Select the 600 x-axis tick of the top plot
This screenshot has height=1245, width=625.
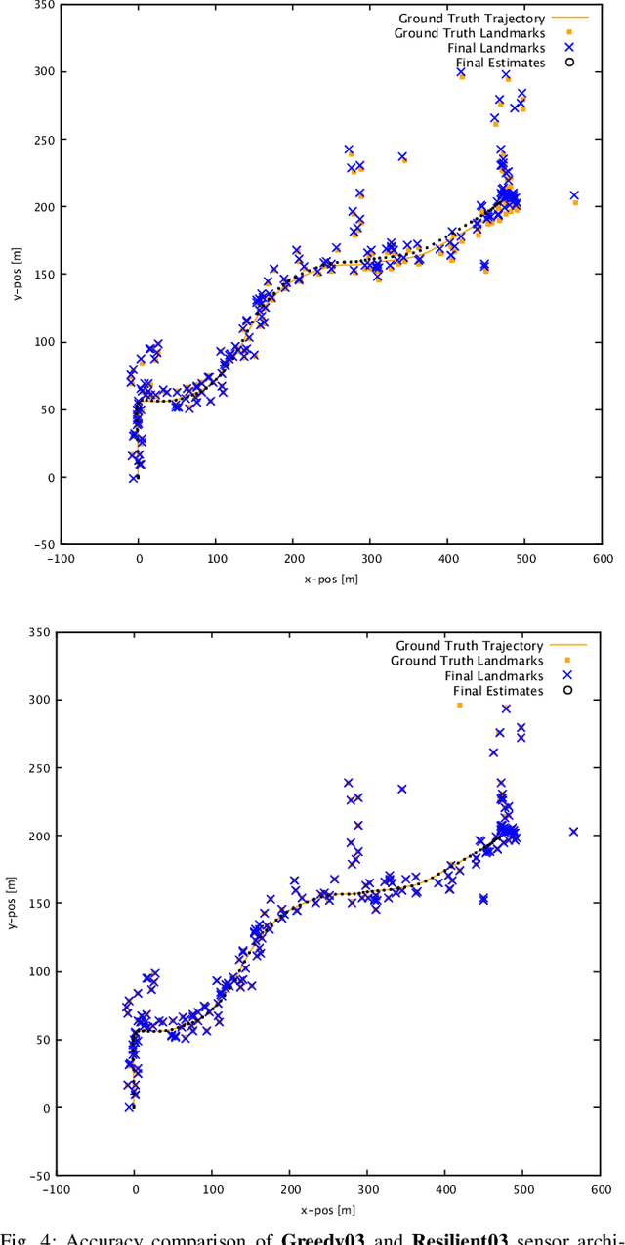[602, 559]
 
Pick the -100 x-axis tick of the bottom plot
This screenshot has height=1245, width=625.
[57, 1190]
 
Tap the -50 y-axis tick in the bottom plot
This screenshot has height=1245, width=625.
[40, 1176]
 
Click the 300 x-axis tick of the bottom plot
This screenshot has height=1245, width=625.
[367, 1190]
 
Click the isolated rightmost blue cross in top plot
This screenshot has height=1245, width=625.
[574, 195]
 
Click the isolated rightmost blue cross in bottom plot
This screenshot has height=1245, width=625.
[573, 832]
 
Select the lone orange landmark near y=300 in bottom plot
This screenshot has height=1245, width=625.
[459, 705]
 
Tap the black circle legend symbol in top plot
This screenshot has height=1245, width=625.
[568, 64]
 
